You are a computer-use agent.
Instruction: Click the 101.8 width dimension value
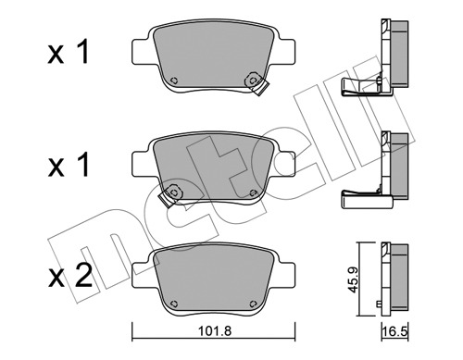coord(214,331)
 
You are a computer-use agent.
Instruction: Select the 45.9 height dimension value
coord(352,279)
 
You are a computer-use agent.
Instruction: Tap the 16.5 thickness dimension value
coord(395,332)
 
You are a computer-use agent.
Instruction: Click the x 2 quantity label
coord(70,277)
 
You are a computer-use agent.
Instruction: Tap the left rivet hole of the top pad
coord(174,81)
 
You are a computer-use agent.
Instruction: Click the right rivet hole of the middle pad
coord(253,192)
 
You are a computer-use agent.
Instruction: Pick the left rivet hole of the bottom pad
coord(174,304)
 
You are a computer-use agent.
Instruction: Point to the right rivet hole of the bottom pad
coord(253,304)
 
